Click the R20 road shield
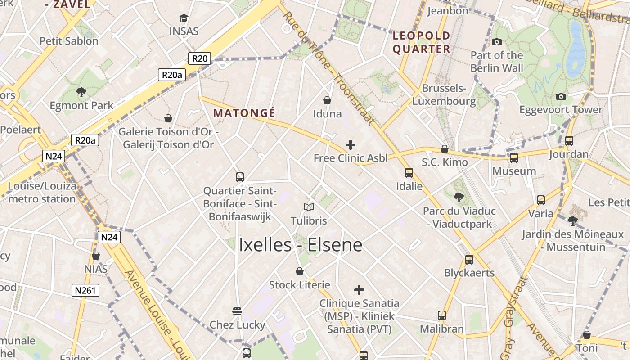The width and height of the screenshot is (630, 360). coord(199,58)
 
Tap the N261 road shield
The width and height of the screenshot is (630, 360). coord(85,290)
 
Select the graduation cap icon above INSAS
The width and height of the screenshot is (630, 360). coord(184,18)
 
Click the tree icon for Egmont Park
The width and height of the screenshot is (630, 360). coord(81,93)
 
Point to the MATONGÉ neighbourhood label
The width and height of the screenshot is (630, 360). coord(244,113)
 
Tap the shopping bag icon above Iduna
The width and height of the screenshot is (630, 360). coord(327,100)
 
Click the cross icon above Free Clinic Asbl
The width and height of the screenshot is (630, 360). coord(350,145)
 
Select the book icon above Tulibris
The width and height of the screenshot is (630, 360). coord(308,207)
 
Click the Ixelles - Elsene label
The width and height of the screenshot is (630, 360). coord(300,245)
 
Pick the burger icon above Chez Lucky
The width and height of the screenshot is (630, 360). coord(237,311)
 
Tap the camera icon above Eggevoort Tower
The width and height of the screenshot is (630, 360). coord(561,96)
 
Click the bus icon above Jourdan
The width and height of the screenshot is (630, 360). coord(569,141)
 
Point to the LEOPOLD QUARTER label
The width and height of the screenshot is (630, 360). coord(422,42)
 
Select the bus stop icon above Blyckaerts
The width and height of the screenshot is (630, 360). coord(469,259)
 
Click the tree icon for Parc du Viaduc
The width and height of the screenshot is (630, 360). coord(459,197)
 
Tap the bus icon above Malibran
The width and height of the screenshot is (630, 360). coord(442,315)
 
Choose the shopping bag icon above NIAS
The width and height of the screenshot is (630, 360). coord(96,256)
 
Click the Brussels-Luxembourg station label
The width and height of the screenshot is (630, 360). coord(444,94)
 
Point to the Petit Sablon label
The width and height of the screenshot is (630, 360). coord(69,41)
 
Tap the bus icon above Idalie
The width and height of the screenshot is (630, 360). coord(409,172)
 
